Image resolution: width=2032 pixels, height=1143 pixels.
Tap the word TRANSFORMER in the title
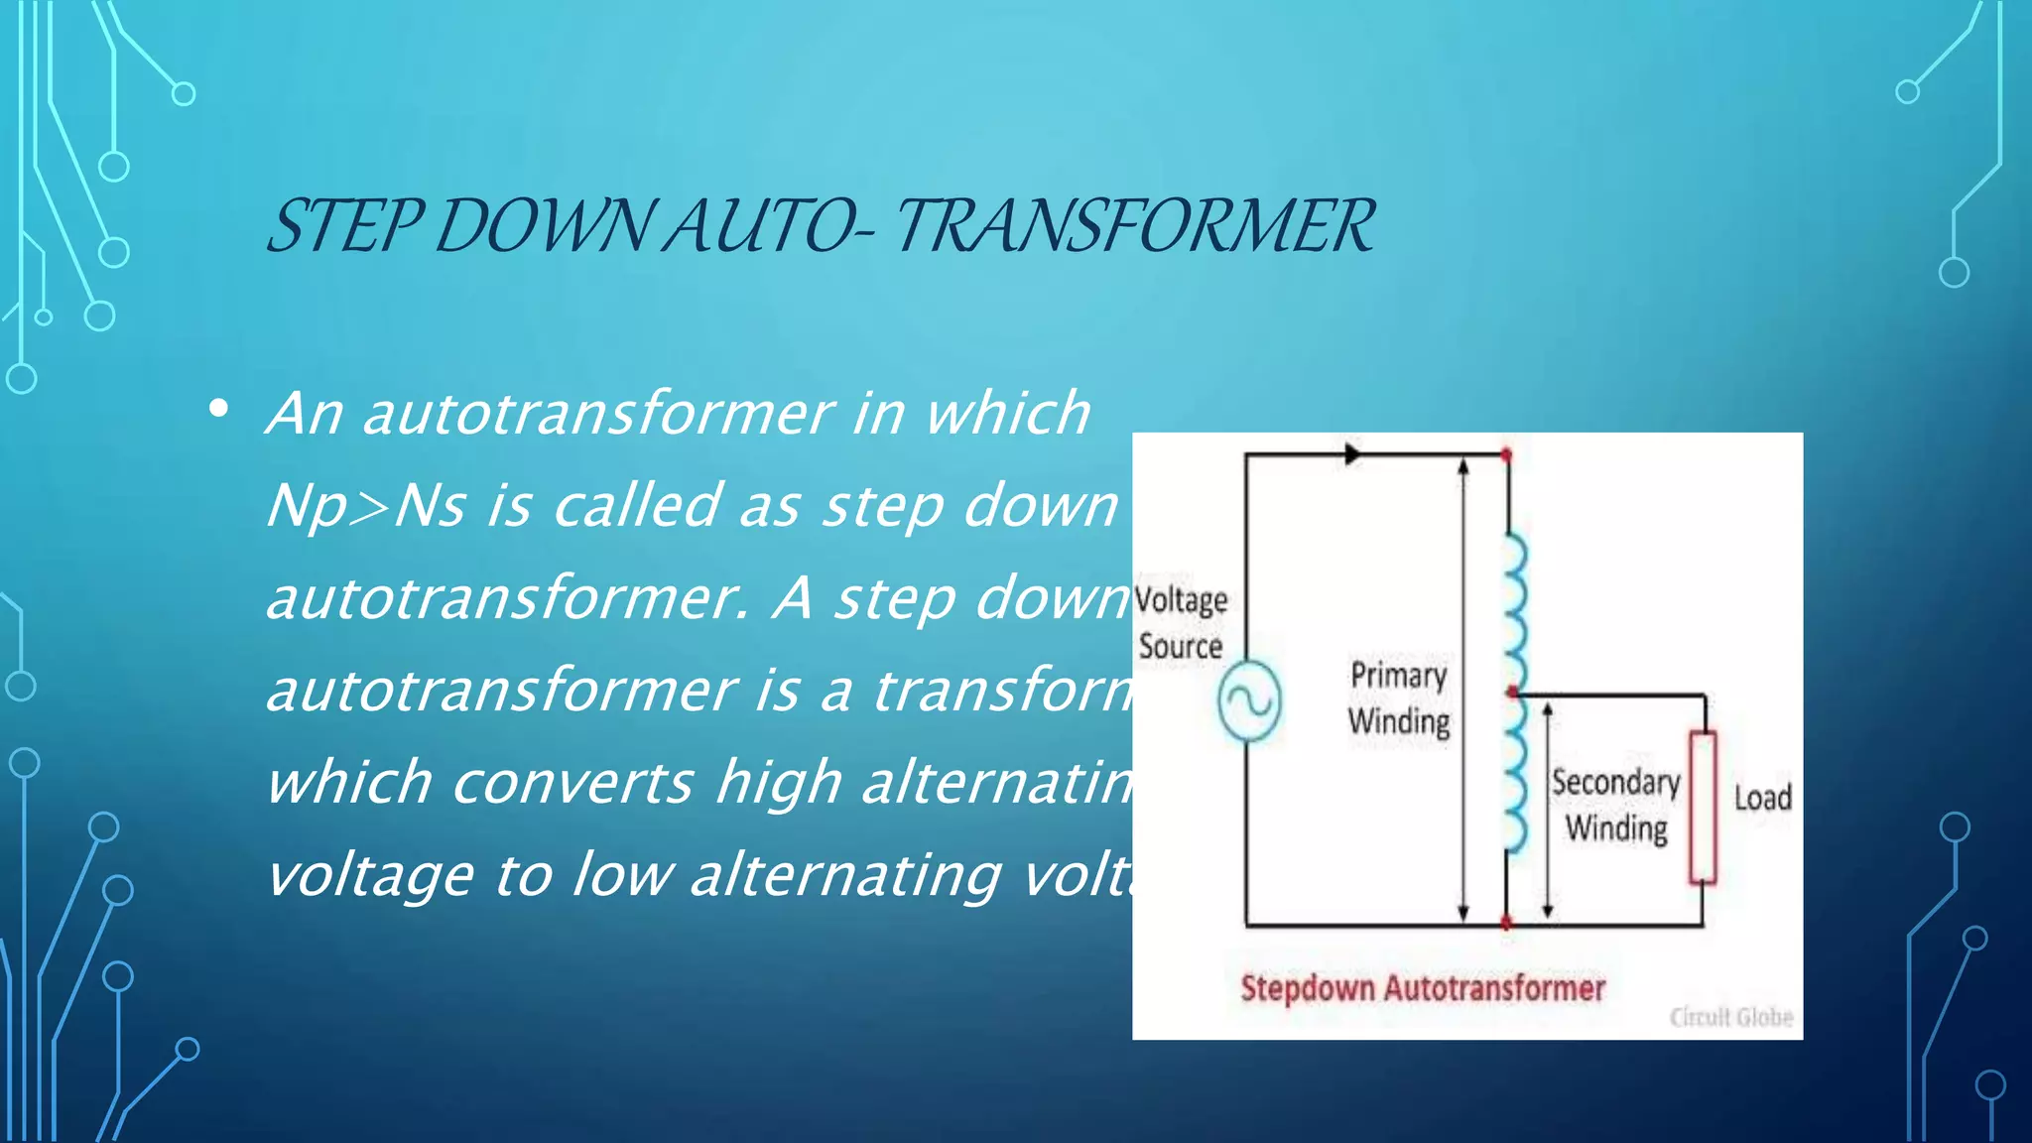point(1134,226)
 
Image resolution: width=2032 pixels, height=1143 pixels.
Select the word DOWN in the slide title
point(544,226)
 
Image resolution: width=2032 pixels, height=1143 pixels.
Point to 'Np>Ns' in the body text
point(365,506)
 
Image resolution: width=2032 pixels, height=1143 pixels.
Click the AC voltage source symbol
point(1249,701)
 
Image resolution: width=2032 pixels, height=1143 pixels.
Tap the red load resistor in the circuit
point(1703,807)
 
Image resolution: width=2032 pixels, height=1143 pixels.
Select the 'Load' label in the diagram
point(1762,798)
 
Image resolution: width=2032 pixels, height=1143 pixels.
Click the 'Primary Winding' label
point(1399,698)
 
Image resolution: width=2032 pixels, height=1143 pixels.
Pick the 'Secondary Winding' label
point(1615,805)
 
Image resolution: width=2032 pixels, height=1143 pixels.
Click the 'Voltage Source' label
point(1181,623)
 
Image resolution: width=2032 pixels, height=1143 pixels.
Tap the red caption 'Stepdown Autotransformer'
point(1422,988)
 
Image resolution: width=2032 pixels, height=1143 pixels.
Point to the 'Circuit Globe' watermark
point(1730,1017)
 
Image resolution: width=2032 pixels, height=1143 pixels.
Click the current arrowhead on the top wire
point(1352,454)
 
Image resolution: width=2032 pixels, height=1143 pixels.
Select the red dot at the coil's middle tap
point(1512,692)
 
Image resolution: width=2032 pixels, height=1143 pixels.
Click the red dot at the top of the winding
point(1506,455)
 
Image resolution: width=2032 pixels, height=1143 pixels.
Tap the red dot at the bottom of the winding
point(1506,923)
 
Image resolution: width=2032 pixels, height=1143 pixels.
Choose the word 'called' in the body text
point(635,506)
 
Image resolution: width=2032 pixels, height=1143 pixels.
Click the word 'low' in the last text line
point(622,875)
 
